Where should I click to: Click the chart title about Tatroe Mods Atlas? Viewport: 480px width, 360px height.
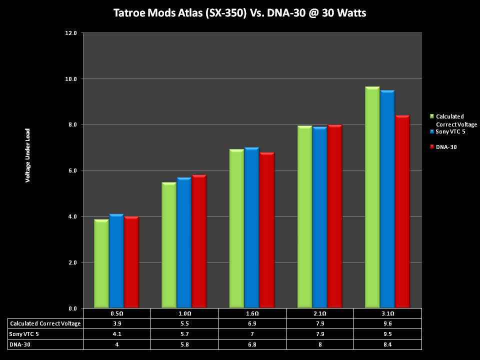point(240,13)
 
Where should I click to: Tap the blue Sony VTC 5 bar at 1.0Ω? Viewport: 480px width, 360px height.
point(184,242)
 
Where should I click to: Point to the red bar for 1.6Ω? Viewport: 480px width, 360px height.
point(267,230)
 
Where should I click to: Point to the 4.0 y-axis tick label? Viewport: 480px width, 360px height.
point(71,216)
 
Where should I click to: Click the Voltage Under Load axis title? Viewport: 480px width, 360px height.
point(28,155)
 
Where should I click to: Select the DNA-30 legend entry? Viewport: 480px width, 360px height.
point(445,147)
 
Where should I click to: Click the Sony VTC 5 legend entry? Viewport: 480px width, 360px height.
point(450,131)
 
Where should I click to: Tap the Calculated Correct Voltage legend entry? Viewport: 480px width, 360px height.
point(453,120)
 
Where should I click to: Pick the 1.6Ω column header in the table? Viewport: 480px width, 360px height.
point(252,313)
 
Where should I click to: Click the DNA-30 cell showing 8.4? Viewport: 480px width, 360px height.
point(387,344)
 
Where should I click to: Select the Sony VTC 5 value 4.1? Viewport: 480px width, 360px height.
point(116,334)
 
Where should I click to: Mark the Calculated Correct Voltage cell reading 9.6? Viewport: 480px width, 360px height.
point(387,323)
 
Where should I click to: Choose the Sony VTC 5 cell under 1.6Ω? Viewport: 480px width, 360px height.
point(252,334)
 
